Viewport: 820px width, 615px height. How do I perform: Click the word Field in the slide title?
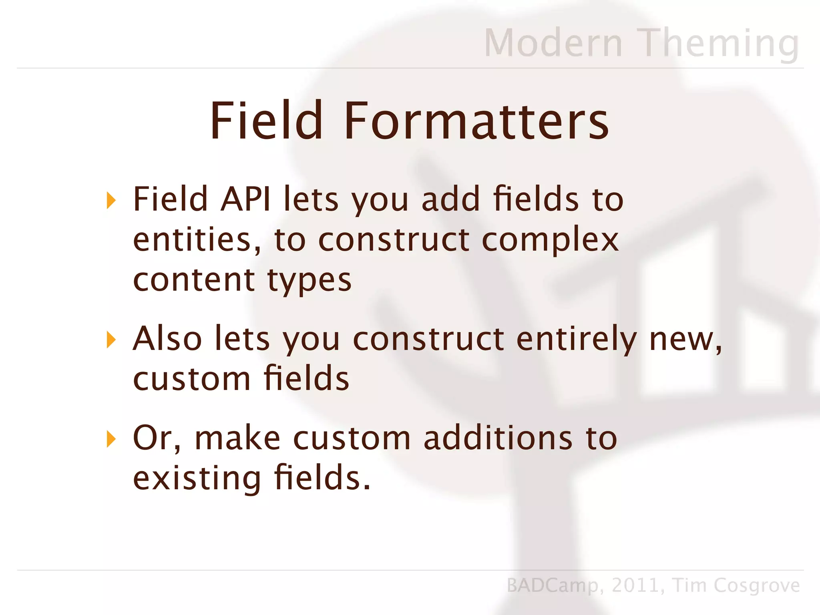pos(266,121)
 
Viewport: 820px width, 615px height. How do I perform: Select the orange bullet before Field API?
pos(111,200)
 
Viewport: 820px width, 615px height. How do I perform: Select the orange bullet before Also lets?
pos(111,340)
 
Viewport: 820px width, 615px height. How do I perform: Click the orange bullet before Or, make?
pos(111,439)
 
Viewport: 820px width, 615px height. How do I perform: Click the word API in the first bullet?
pos(245,199)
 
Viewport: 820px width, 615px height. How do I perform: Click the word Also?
pos(167,339)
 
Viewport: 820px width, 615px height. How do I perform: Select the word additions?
pos(498,438)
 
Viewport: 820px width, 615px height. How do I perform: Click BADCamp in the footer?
pos(553,586)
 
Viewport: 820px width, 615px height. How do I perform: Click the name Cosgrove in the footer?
pos(757,586)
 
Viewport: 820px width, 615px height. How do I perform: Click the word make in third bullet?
pos(237,438)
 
